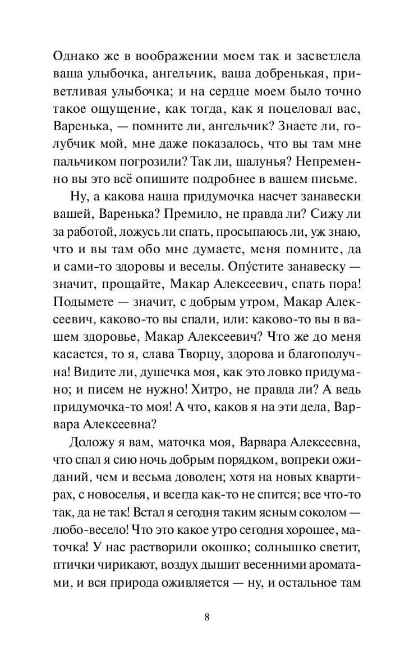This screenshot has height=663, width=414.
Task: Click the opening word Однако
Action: tap(75, 57)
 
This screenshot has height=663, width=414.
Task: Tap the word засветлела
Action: tap(321, 57)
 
